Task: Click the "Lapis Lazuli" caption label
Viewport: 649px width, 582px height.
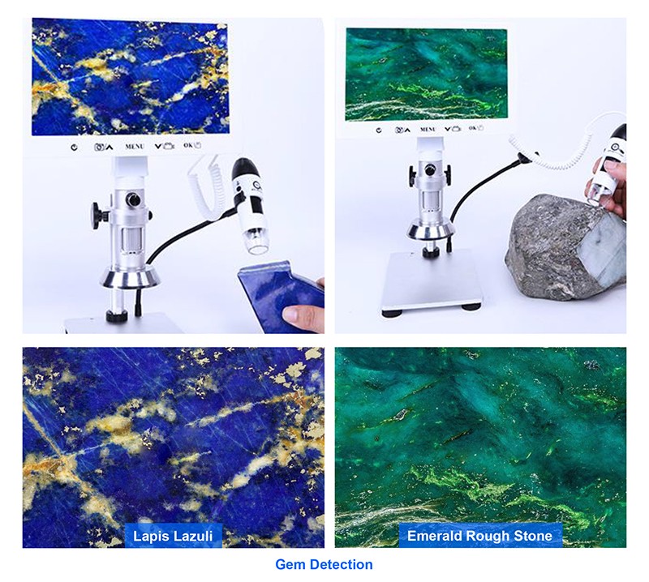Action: click(x=173, y=536)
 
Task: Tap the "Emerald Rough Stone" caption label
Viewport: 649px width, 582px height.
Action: click(x=479, y=536)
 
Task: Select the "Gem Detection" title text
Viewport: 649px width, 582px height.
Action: click(x=324, y=564)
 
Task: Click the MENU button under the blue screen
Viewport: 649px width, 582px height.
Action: click(x=135, y=147)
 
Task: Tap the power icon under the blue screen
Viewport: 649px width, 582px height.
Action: click(x=74, y=148)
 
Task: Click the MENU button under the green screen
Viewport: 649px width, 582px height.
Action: click(x=428, y=130)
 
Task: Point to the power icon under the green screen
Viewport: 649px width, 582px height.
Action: click(x=379, y=131)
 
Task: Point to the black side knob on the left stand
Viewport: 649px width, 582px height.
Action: click(x=97, y=214)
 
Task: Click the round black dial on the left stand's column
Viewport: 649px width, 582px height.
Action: click(x=133, y=199)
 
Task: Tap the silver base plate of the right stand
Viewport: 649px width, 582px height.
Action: click(x=432, y=280)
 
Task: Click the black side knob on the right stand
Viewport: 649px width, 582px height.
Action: click(x=414, y=176)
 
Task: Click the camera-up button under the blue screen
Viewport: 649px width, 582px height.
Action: click(x=104, y=147)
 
